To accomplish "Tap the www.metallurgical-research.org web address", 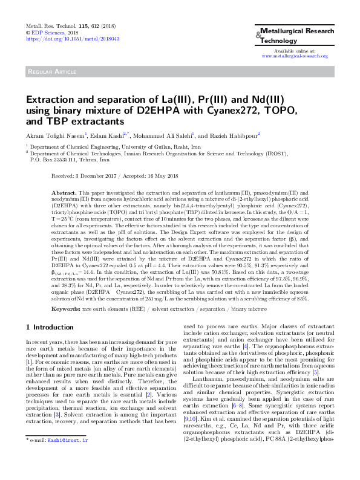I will coord(293,56).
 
